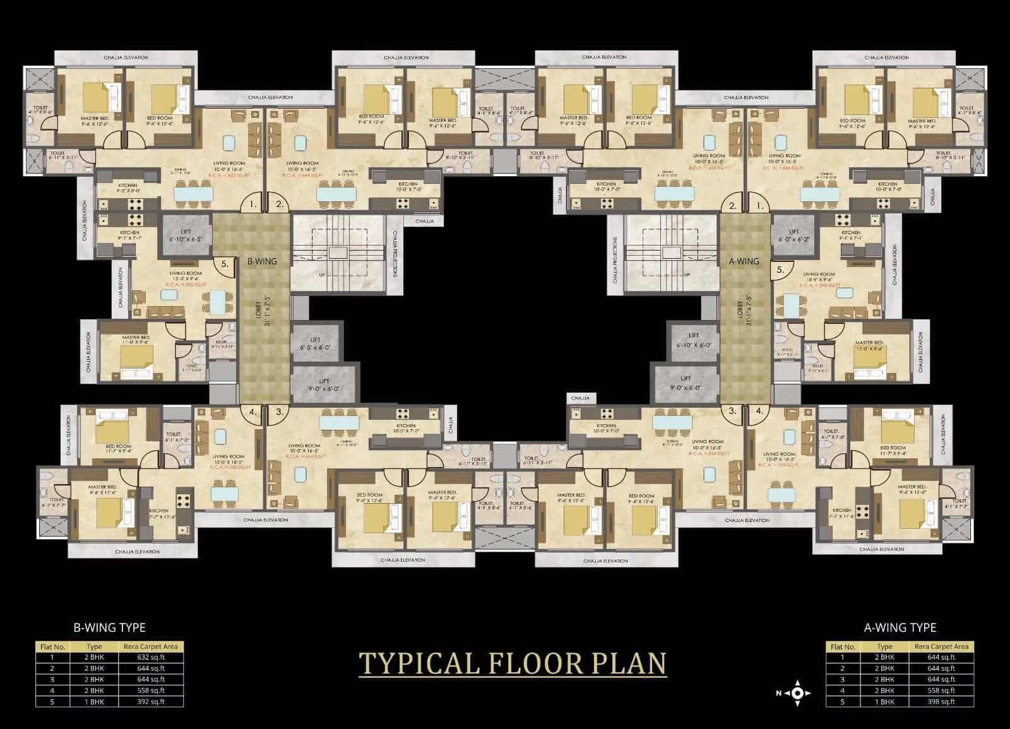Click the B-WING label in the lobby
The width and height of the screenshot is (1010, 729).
[261, 261]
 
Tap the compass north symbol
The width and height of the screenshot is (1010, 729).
[797, 692]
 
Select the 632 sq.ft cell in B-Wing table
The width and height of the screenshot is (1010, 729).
[151, 657]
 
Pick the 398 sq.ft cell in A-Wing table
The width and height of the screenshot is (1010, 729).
[941, 702]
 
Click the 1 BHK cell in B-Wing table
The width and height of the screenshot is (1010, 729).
[94, 702]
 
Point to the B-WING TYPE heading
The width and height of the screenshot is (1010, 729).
[110, 627]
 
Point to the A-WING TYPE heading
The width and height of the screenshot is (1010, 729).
[900, 627]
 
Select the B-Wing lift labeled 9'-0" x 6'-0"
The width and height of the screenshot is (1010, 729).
[324, 385]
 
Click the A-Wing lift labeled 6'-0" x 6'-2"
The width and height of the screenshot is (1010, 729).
[794, 235]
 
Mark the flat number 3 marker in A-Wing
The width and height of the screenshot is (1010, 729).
[732, 411]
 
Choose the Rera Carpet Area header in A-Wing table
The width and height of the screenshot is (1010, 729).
[941, 646]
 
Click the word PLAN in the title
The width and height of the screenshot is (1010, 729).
[625, 663]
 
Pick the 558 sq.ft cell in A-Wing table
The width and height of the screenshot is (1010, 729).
[941, 690]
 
